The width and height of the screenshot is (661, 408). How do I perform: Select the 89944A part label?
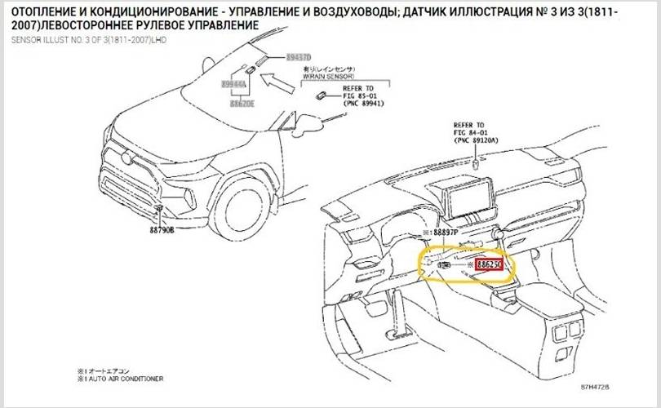233,83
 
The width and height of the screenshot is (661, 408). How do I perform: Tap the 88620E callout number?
242,104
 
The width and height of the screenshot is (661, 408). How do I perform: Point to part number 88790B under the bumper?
162,232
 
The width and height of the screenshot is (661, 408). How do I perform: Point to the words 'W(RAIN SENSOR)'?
334,77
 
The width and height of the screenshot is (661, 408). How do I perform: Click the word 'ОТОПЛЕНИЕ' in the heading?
46,10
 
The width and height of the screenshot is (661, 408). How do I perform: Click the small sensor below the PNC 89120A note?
475,162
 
